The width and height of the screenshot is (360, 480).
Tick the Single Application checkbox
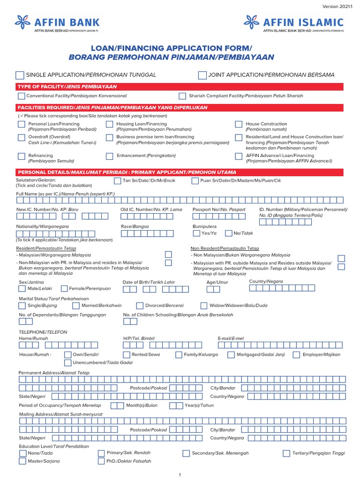[20, 75]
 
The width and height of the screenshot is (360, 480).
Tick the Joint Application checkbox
[202, 75]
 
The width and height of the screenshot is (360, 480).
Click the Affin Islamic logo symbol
[251, 22]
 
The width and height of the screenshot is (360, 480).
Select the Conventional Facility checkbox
[22, 96]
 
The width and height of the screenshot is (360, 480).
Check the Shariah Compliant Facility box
[182, 96]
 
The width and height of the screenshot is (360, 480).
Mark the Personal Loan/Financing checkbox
[22, 124]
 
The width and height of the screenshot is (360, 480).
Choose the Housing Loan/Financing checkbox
[109, 124]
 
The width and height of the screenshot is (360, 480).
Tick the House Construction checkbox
[239, 124]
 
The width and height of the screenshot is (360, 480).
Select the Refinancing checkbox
[22, 156]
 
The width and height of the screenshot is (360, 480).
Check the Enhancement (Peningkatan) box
[109, 156]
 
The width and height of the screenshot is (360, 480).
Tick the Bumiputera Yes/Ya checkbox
[195, 233]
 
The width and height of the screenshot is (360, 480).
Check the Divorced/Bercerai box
[139, 305]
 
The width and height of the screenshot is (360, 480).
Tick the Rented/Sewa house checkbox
[126, 355]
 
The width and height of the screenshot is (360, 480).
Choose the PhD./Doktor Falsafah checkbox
[101, 461]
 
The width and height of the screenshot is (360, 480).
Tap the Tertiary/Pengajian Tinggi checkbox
[286, 453]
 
